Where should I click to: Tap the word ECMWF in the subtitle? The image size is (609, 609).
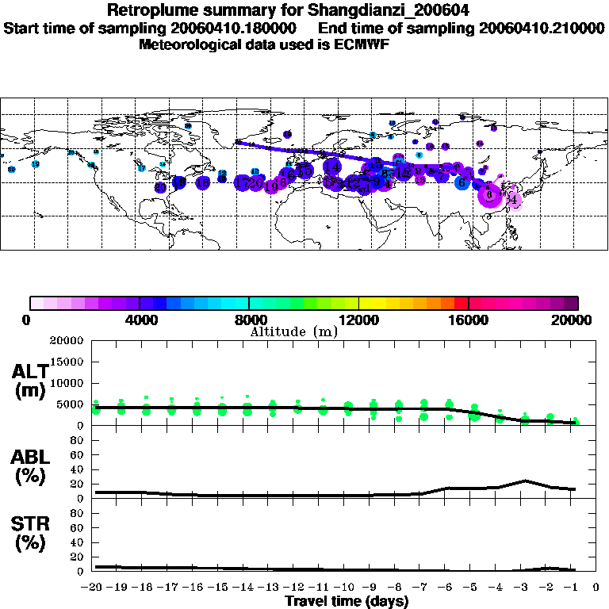coord(354,44)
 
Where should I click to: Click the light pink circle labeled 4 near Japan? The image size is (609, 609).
coord(513,200)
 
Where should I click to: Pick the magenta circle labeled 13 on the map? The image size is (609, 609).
coord(420,180)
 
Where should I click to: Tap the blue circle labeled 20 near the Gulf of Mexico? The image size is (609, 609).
coord(161,188)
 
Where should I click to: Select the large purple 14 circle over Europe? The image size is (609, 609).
coord(332,167)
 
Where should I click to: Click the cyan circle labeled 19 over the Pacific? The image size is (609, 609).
coord(36,164)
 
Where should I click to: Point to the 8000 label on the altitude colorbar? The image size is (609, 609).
coord(250,320)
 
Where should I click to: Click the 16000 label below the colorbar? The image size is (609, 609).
coord(469,320)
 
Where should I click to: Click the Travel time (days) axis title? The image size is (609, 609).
coord(347,601)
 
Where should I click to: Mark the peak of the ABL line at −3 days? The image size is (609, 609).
coord(525,481)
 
